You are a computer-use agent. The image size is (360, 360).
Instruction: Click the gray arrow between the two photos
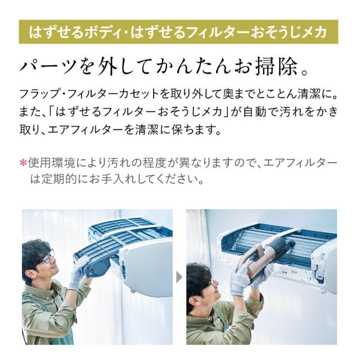[x=179, y=277]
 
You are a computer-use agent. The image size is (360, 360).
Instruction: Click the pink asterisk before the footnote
[x=23, y=164]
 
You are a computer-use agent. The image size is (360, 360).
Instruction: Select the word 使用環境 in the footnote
[x=51, y=164]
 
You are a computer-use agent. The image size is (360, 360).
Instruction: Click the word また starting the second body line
[x=28, y=111]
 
